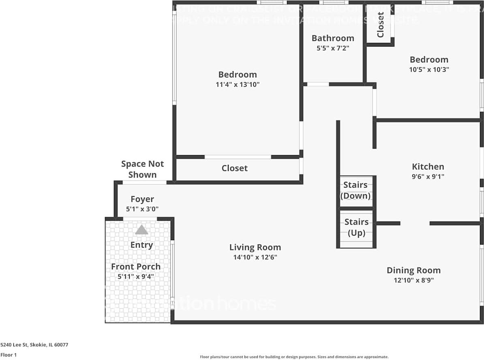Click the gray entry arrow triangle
click(x=141, y=230)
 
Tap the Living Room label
click(x=255, y=247)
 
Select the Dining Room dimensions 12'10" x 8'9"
click(x=413, y=280)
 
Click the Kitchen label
click(x=428, y=166)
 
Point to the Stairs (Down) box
click(x=356, y=190)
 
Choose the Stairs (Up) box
click(x=356, y=228)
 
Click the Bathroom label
click(x=332, y=38)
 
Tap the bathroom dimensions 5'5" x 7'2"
click(x=332, y=48)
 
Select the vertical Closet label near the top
click(x=380, y=25)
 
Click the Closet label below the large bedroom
click(x=234, y=168)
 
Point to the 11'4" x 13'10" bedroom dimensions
click(x=237, y=85)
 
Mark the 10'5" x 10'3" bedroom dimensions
click(x=429, y=69)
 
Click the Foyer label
click(x=142, y=199)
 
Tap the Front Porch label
click(x=135, y=266)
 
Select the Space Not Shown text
click(x=142, y=169)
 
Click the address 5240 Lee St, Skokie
click(x=34, y=345)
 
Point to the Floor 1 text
click(x=9, y=355)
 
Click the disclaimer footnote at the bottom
click(x=294, y=357)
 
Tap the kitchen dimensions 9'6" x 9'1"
click(x=428, y=177)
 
